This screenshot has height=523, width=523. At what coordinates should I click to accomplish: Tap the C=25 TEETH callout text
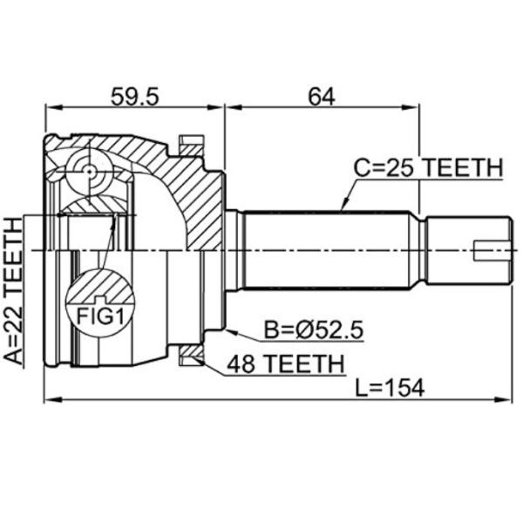(x=427, y=167)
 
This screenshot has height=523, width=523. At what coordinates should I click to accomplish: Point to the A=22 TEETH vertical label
(x=15, y=289)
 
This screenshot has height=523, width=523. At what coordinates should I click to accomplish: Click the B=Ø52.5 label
(x=313, y=331)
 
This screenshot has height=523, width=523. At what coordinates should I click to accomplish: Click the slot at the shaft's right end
(x=492, y=250)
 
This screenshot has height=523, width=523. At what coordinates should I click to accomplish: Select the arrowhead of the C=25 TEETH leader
(x=343, y=209)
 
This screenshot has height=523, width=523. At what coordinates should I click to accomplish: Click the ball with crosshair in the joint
(x=91, y=171)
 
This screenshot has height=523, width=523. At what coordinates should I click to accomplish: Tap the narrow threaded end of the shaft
(x=466, y=250)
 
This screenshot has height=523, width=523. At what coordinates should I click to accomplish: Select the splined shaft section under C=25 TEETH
(x=331, y=250)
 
